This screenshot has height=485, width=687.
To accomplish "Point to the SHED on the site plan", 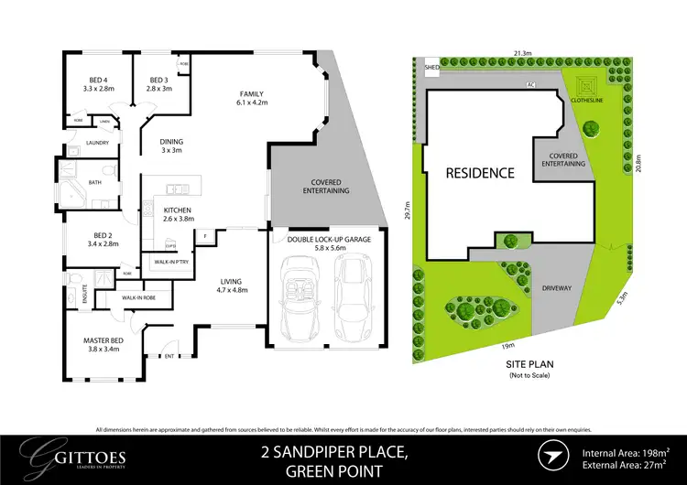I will (431, 67).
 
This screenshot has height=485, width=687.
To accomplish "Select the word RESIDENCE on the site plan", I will (480, 172).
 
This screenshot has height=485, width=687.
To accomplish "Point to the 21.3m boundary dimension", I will (523, 54).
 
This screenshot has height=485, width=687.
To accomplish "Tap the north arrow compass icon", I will (552, 455).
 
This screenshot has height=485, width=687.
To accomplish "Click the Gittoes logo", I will (78, 455).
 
